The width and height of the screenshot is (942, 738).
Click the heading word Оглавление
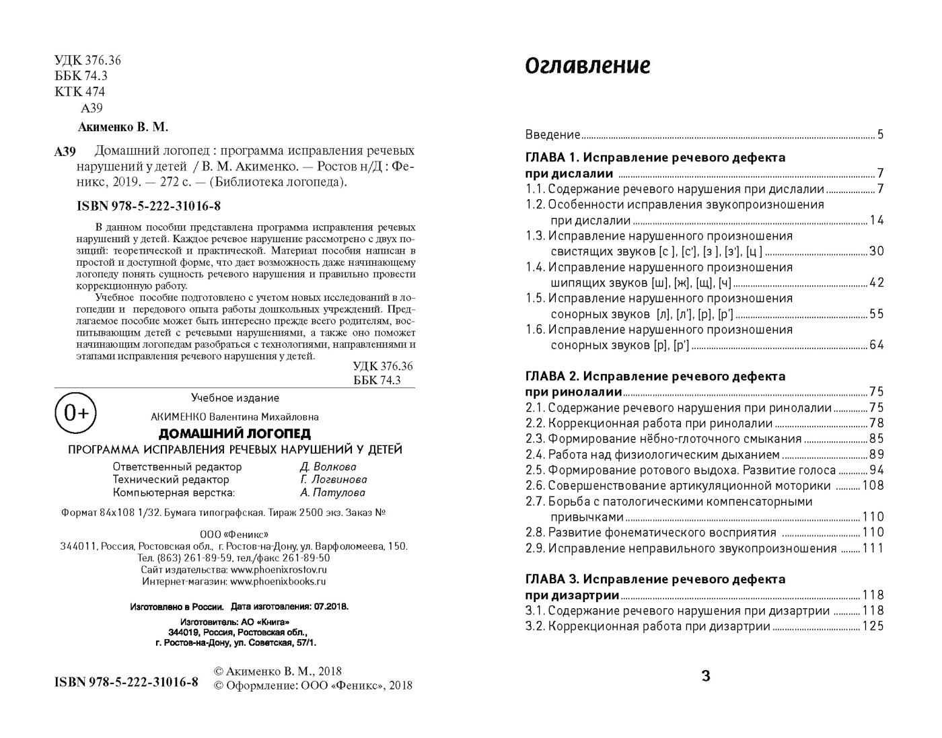click(587, 66)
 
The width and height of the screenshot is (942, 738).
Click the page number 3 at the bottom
click(705, 676)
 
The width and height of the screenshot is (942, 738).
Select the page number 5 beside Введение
click(880, 135)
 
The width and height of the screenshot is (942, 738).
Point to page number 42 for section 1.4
click(877, 283)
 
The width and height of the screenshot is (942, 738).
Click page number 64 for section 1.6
click(877, 345)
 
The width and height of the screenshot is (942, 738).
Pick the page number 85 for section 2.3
click(877, 439)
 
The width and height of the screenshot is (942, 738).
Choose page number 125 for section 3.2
click(873, 626)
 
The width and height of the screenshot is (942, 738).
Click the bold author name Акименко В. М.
click(123, 126)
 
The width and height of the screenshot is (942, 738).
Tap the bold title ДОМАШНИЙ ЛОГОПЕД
click(234, 434)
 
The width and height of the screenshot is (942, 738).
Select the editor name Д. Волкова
click(328, 467)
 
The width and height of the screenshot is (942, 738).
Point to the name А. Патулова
click(332, 492)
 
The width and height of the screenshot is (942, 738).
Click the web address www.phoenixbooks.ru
click(278, 582)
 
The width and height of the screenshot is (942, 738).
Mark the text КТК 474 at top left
click(79, 91)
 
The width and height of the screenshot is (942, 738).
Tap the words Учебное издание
click(235, 398)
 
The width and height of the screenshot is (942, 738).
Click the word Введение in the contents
click(552, 135)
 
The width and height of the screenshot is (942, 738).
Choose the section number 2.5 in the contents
click(534, 470)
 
